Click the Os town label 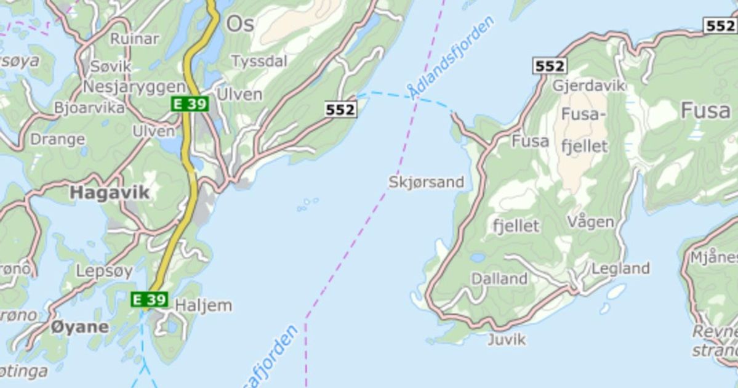tap(240, 23)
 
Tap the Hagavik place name tap(109, 192)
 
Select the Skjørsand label tap(426, 182)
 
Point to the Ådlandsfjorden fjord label tap(452, 57)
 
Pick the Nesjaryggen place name tap(134, 86)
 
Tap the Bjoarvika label tap(89, 107)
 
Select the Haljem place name tap(203, 305)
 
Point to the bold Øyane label tap(80, 326)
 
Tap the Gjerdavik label tap(588, 85)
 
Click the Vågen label tap(590, 221)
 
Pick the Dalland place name tap(499, 279)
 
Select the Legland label tap(620, 268)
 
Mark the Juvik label tap(507, 339)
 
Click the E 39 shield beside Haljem tap(150, 299)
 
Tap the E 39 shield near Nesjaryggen tap(190, 103)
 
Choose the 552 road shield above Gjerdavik tap(550, 66)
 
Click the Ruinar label tap(134, 38)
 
